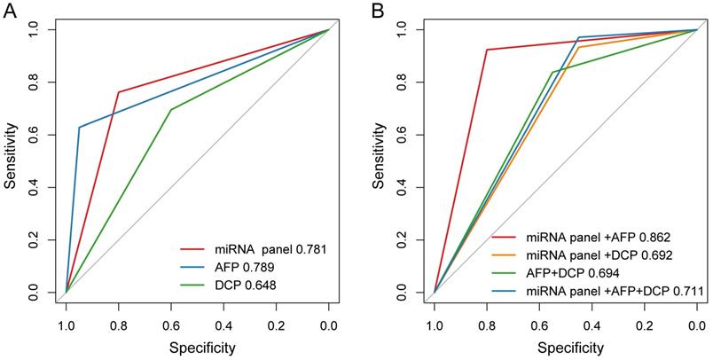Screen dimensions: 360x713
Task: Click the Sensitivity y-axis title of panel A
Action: (10, 160)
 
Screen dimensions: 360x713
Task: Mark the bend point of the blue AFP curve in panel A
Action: (79, 128)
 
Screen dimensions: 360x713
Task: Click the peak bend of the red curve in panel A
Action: (118, 92)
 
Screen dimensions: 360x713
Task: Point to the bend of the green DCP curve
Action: (170, 110)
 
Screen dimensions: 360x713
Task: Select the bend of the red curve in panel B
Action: (487, 50)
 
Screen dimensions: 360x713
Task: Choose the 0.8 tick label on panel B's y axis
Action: (404, 82)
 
